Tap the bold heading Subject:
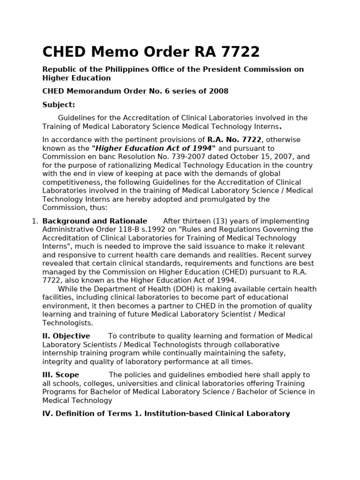click(x=59, y=105)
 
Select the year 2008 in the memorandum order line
click(x=219, y=91)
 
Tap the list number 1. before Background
click(x=35, y=221)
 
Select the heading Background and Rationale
click(x=95, y=221)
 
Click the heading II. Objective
click(x=66, y=336)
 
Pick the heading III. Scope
click(x=61, y=375)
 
